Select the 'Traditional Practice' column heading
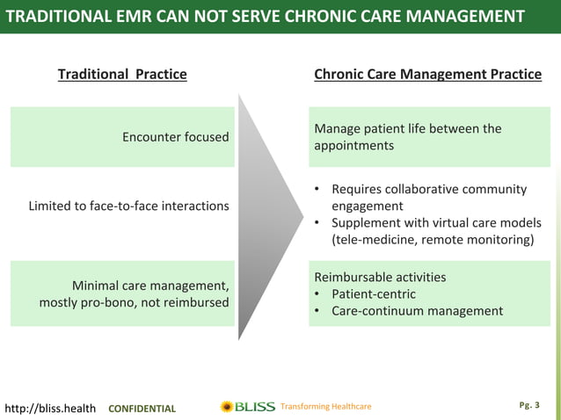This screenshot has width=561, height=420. point(122,74)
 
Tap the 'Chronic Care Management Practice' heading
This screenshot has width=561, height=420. point(427,74)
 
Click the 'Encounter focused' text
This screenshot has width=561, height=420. point(176,136)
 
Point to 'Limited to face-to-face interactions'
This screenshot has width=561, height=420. point(128,206)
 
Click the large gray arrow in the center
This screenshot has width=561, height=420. point(270,206)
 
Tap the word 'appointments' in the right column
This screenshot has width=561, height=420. point(353,146)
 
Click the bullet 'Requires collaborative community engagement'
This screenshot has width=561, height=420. point(428,198)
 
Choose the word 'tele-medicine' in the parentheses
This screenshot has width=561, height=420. point(377,240)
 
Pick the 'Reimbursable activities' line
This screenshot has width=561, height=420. point(380,277)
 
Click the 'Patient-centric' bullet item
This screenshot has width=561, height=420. point(373,293)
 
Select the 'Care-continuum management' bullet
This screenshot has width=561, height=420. point(417,310)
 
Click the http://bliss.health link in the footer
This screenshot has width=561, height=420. point(50,408)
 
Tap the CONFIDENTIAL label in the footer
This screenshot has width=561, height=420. point(142,409)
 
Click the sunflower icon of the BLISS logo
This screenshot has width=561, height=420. point(227,407)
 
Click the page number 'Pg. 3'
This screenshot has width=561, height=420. point(530,406)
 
